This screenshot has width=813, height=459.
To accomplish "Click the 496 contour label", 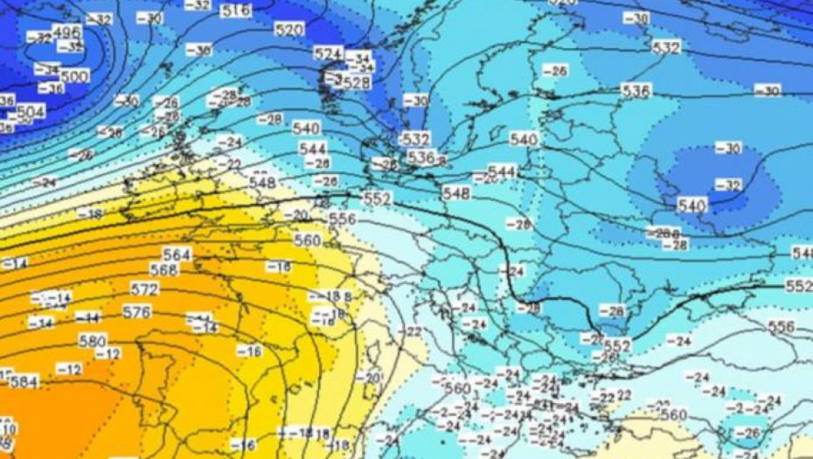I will coord(66,32).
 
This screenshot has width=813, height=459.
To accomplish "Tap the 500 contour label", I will coord(74,77).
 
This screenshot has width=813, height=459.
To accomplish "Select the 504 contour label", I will coord(30,112).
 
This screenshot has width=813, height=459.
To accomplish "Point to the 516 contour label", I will coord(234,11).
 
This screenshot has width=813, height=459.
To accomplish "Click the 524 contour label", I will coord(328,53).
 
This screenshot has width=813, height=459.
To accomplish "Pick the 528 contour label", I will coord(357,82).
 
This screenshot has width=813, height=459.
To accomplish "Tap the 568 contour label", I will coord(163,270).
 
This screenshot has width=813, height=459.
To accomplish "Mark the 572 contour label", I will coord(144,289).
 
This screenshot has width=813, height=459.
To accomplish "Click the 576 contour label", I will coord(136,312).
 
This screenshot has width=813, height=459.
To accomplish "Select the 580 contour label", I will coord(92,341).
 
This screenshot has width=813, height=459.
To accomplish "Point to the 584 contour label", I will coord(24,382).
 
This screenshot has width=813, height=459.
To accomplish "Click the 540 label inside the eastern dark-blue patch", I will coord(691,205).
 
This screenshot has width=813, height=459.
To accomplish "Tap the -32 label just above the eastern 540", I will coord(726,184).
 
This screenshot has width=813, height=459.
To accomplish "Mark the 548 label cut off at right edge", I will coord(803,253).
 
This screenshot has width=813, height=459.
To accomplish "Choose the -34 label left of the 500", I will coord(47,69).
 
